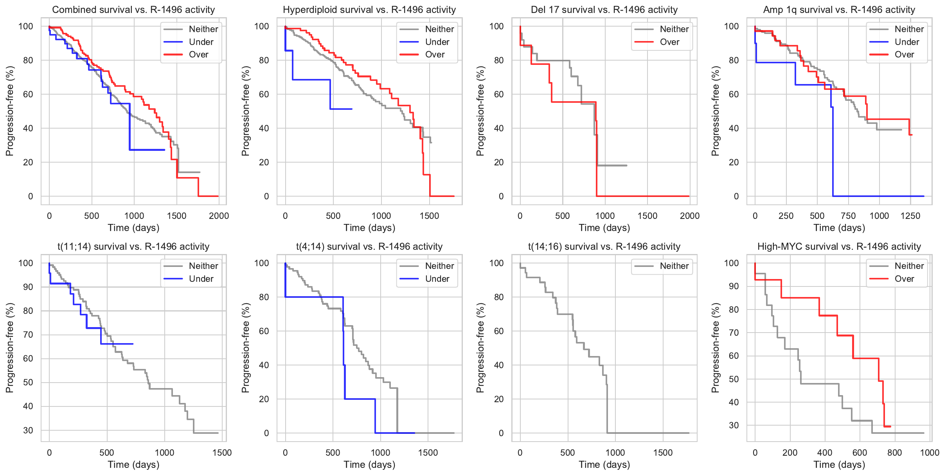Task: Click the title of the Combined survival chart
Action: coord(133,10)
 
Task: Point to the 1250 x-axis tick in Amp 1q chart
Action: coord(910,216)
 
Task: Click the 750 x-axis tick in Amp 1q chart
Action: coord(848,216)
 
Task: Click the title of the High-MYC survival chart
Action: coord(839,247)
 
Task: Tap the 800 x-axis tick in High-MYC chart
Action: coord(895,453)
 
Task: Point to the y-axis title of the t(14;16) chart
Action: coord(480,348)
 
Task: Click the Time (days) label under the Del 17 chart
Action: coord(604,228)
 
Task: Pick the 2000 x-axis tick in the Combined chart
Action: coord(219,216)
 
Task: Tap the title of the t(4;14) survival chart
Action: coord(369,247)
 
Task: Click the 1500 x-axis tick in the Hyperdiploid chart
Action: coord(430,216)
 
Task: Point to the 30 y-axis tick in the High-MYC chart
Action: coord(734,425)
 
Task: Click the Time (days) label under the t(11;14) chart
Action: coord(133,465)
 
